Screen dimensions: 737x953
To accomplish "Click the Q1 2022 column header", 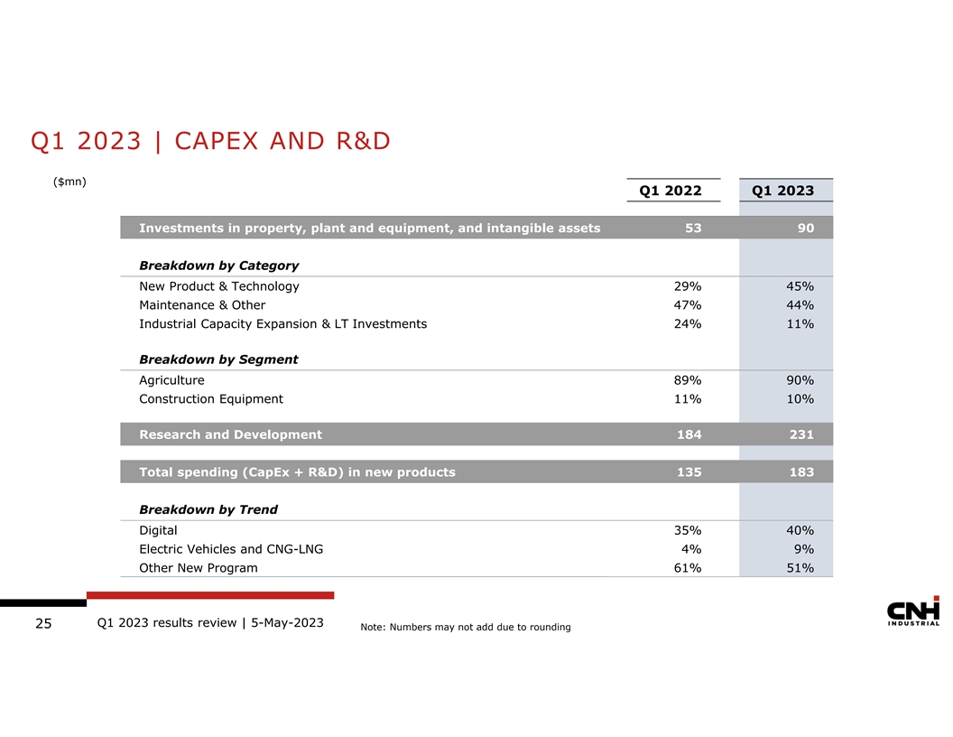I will pyautogui.click(x=670, y=191).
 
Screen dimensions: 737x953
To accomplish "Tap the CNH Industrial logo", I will pyautogui.click(x=913, y=611).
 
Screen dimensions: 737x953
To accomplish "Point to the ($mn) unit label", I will pyautogui.click(x=69, y=182).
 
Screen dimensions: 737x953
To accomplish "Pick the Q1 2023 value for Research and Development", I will pyautogui.click(x=799, y=434).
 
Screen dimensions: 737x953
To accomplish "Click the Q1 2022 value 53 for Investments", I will pyautogui.click(x=692, y=229).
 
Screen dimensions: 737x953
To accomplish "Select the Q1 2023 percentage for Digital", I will pyautogui.click(x=799, y=530).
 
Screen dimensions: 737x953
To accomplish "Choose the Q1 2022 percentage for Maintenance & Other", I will pyautogui.click(x=687, y=305).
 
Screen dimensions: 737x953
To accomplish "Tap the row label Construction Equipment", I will pyautogui.click(x=210, y=399).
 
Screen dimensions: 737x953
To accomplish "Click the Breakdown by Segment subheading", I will pyautogui.click(x=218, y=359).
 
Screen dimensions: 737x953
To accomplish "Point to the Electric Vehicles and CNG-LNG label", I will pyautogui.click(x=230, y=549).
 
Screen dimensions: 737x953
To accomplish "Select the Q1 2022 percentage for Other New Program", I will pyautogui.click(x=687, y=568).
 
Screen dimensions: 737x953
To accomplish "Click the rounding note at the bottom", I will pyautogui.click(x=465, y=628).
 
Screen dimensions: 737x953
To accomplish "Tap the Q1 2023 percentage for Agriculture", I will pyautogui.click(x=799, y=380).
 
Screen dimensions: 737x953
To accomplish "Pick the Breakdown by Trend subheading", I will pyautogui.click(x=208, y=509).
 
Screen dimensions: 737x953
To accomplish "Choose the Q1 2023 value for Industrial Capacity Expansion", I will pyautogui.click(x=799, y=323).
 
